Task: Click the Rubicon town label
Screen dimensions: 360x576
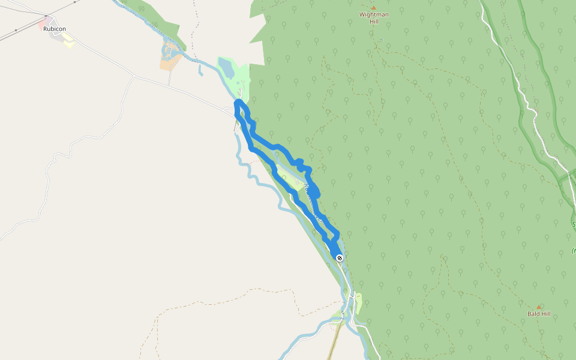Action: coord(54,28)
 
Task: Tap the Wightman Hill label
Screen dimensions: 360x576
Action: coord(374,18)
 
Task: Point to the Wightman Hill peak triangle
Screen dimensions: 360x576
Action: coord(373,8)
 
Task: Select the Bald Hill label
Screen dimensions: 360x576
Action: coord(539,314)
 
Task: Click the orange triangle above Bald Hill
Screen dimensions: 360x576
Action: coord(539,307)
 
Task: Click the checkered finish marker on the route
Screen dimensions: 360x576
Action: coord(340,258)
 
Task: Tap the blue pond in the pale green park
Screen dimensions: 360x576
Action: coord(226,68)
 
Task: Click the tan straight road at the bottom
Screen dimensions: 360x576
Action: coord(334,342)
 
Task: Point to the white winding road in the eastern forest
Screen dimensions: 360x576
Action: coord(526,102)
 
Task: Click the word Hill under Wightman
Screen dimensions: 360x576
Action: coord(374,22)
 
